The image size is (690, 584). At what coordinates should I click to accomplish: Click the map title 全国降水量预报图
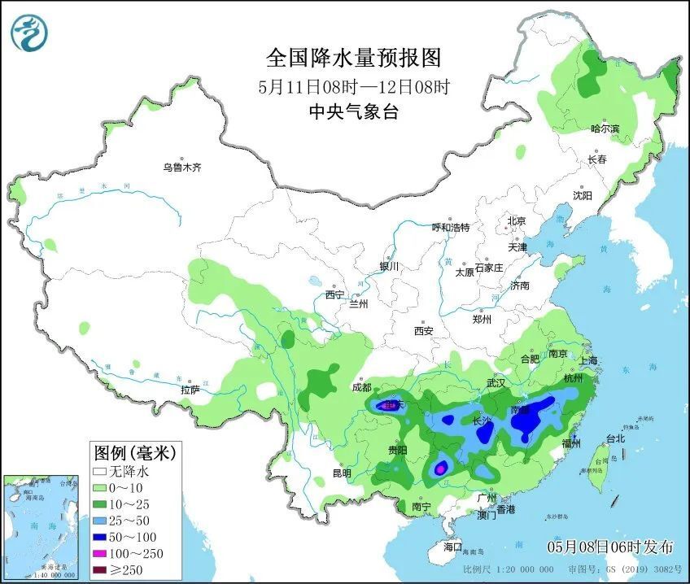pos(353,58)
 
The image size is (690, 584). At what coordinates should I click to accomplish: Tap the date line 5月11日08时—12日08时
pos(353,86)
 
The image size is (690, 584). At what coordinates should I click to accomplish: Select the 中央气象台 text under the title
pos(353,113)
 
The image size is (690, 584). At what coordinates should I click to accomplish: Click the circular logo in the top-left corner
pos(29,33)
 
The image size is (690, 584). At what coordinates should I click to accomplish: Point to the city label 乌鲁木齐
pos(181,168)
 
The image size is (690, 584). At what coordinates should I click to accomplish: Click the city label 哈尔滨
pos(605,129)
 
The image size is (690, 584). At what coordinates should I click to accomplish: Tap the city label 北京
pos(517,220)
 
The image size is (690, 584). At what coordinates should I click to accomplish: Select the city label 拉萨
pos(190,390)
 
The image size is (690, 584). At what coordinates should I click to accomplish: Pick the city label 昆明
pos(341,473)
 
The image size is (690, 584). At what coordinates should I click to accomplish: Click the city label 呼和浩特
pos(450,228)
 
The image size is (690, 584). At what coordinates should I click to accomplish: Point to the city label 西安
pos(423,331)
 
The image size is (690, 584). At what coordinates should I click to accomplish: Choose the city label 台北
pos(615,438)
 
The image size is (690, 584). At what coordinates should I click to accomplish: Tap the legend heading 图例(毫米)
pos(134,451)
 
